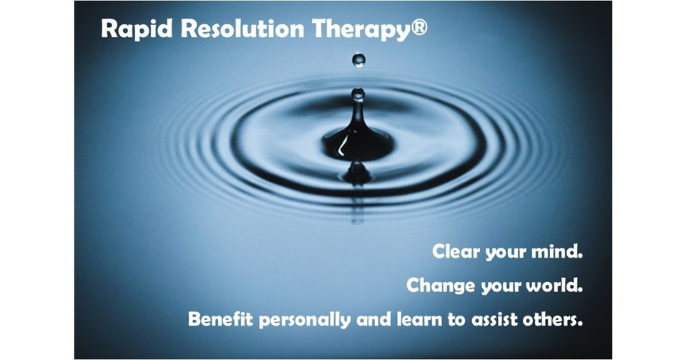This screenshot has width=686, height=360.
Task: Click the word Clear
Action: tap(456, 252)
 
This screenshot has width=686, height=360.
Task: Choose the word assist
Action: tap(494, 319)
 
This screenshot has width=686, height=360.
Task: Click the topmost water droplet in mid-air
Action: tap(358, 59)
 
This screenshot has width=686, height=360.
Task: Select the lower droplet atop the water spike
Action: tap(358, 93)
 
